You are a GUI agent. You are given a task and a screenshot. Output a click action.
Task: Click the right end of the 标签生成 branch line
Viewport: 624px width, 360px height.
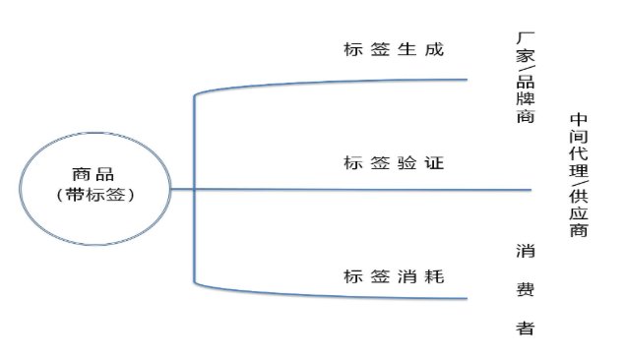point(465,80)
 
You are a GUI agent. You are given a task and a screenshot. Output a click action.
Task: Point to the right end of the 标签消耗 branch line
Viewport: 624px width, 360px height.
point(465,297)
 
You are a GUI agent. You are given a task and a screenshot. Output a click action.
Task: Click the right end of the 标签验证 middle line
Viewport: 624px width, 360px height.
point(531,190)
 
